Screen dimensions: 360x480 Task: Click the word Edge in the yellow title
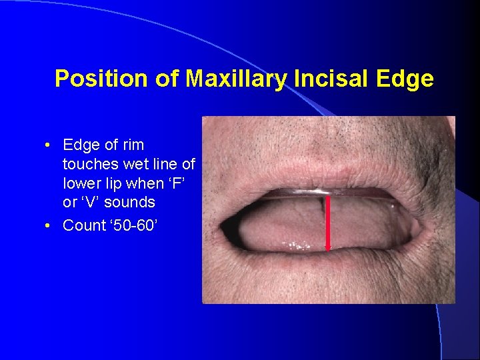tap(405, 79)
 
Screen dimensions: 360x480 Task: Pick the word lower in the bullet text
tap(81, 183)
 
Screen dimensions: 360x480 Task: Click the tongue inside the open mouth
tap(280, 227)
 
